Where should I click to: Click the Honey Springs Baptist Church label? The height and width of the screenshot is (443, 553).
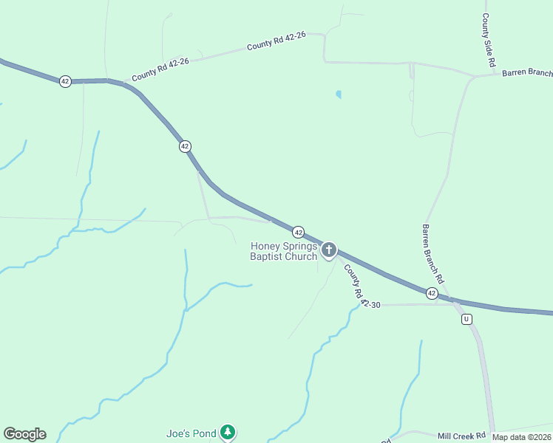284,251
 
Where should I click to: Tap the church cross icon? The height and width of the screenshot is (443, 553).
328,250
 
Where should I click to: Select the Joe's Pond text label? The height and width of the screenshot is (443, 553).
191,433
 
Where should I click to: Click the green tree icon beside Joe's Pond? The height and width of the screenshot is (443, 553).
228,432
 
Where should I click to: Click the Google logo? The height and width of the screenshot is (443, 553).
24,434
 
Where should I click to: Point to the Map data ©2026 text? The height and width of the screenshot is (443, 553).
522,437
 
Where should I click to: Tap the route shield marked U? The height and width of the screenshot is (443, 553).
466,319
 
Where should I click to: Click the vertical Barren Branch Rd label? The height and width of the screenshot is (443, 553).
432,255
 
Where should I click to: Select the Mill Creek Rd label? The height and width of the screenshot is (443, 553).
461,436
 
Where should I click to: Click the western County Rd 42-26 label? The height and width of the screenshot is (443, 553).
160,70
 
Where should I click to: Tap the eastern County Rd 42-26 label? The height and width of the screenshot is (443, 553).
276,44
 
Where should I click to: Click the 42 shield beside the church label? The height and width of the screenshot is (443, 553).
298,231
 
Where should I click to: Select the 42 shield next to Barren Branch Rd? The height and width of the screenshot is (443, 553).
432,293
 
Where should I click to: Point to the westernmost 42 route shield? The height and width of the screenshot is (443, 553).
65,81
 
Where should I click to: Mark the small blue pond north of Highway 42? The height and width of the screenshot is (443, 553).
339,95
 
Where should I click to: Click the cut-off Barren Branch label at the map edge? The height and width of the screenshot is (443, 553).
527,72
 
